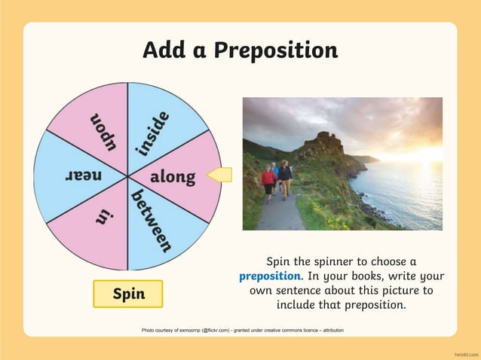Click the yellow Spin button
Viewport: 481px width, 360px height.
pos(128,294)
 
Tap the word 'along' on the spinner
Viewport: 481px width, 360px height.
pos(173,178)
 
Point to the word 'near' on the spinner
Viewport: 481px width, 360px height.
pos(84,176)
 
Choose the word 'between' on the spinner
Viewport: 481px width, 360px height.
pos(152,221)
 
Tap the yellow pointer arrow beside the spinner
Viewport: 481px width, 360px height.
pos(219,175)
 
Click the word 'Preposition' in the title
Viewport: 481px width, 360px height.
pos(275,50)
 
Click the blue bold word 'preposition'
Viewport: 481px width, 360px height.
pos(269,276)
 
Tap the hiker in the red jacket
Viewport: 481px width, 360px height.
pos(268,182)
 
